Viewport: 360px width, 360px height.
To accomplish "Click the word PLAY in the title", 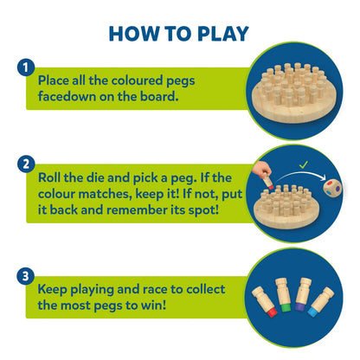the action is pos(223,34).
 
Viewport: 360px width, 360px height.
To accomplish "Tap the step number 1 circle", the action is pos(26,67).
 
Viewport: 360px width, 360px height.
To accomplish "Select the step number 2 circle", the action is pos(26,164).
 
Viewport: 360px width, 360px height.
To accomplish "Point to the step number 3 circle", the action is pos(26,276).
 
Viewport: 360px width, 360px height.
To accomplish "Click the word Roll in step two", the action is pos(49,177).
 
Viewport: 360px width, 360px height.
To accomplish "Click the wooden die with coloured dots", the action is pos(332,189).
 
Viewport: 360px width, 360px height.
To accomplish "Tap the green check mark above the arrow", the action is pos(304,164).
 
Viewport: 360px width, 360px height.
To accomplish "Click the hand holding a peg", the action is pos(261,170).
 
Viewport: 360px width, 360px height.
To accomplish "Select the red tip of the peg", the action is pos(272,312).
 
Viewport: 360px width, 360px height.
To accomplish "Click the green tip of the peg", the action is pos(286,307).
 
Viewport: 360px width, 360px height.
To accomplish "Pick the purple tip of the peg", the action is pos(300,306).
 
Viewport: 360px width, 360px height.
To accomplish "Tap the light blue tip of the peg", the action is pos(312,312).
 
